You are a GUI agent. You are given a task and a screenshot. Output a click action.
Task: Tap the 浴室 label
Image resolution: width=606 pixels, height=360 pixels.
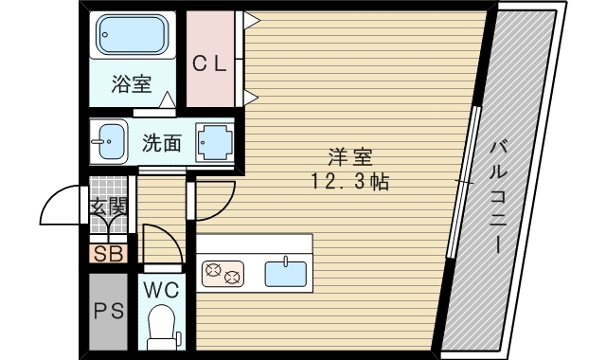pyautogui.click(x=132, y=84)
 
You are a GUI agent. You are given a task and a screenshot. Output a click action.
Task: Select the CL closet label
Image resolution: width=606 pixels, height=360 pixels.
pyautogui.click(x=210, y=63)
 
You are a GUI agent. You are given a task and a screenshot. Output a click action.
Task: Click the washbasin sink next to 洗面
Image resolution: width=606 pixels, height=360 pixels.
pyautogui.click(x=109, y=143)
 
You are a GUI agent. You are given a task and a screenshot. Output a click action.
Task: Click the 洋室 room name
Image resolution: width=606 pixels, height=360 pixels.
pyautogui.click(x=346, y=156)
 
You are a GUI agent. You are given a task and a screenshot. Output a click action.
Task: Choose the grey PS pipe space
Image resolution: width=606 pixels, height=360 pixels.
pyautogui.click(x=107, y=310)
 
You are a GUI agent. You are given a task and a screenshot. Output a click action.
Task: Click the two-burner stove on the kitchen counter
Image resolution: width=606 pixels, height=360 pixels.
pyautogui.click(x=223, y=273)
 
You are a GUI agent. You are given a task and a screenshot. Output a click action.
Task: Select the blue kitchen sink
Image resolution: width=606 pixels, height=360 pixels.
pyautogui.click(x=286, y=273)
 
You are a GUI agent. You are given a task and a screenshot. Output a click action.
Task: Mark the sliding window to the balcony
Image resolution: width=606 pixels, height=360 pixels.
pyautogui.click(x=464, y=180)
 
